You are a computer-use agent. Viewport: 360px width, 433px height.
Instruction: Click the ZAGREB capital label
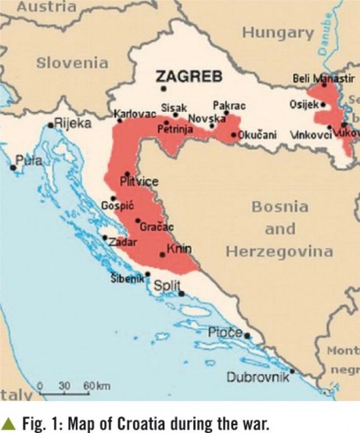click(x=190, y=76)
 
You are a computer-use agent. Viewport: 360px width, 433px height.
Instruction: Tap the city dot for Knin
click(x=163, y=254)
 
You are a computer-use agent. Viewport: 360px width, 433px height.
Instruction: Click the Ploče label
click(x=225, y=333)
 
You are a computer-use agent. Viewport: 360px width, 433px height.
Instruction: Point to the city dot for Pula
click(x=13, y=167)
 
